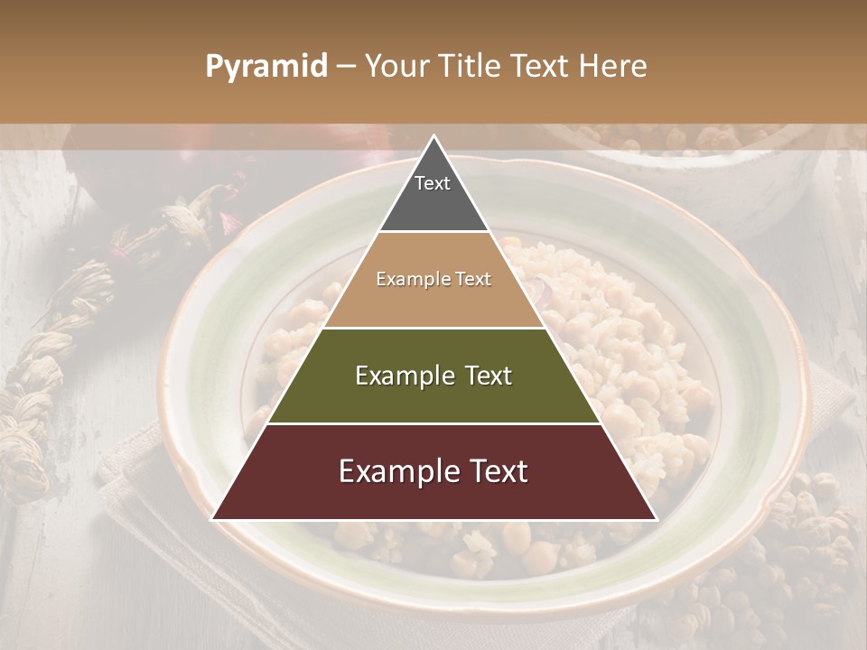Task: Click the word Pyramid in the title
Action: [266, 66]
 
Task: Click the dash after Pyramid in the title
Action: [345, 67]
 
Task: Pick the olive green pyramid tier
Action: [433, 397]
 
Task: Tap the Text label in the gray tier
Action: [433, 183]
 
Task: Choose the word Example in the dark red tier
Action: [398, 471]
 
